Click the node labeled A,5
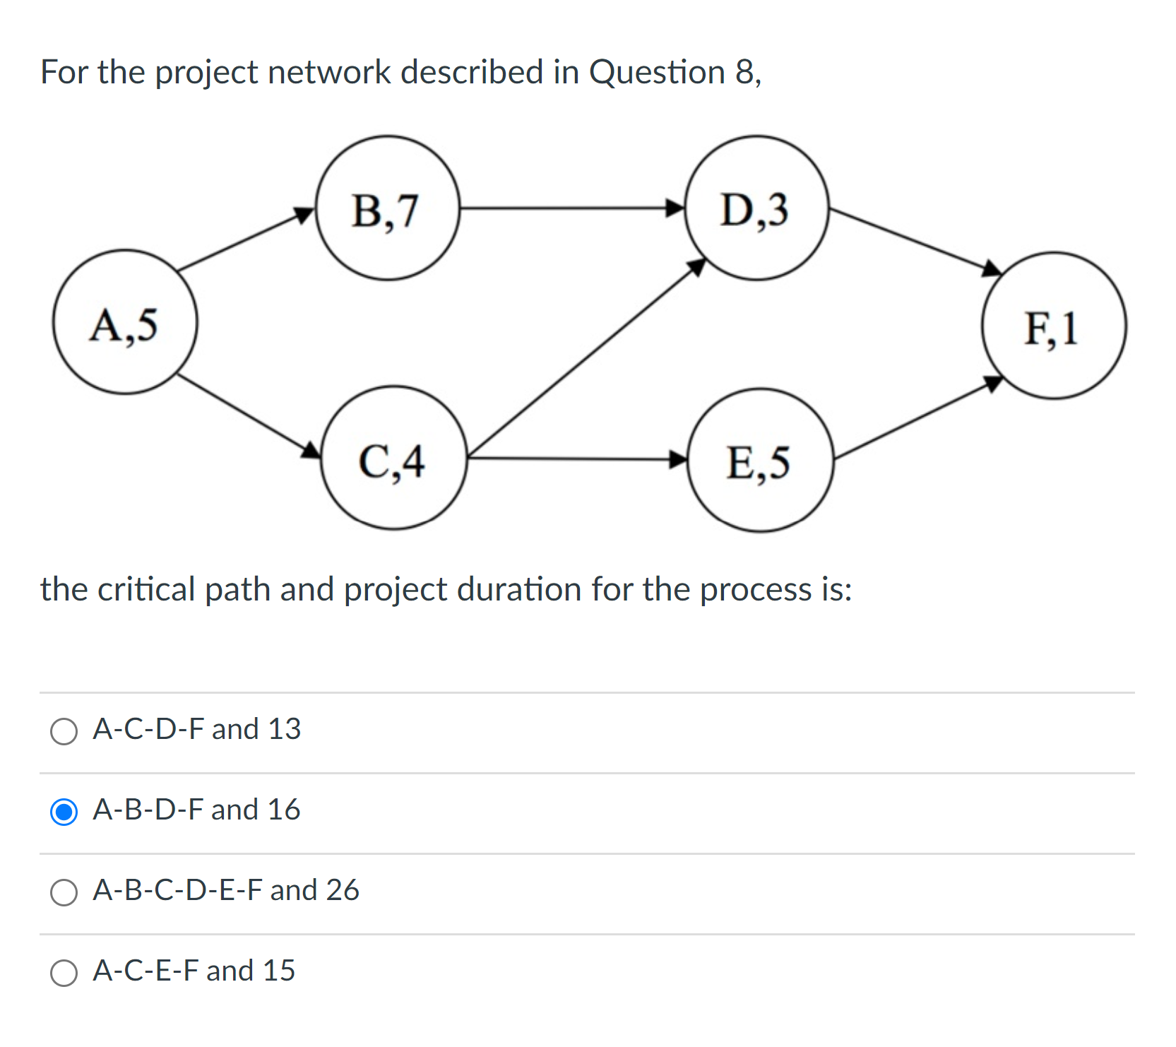click(125, 322)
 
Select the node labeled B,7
click(387, 208)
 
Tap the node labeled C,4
click(394, 458)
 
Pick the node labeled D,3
click(756, 208)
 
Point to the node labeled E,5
click(760, 460)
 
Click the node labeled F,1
click(1054, 326)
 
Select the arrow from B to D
click(572, 208)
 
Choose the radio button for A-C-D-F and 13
click(64, 731)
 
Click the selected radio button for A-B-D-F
click(64, 812)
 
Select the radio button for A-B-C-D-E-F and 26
click(64, 892)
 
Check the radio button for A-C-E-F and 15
click(64, 973)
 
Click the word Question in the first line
click(657, 72)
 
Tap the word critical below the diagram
click(145, 589)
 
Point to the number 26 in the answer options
click(343, 890)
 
